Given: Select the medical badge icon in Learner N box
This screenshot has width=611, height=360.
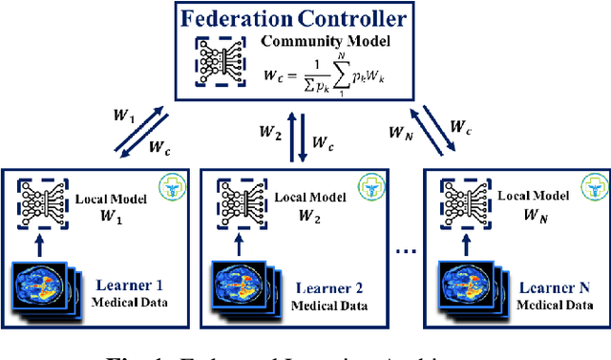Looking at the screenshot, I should (x=594, y=187).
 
